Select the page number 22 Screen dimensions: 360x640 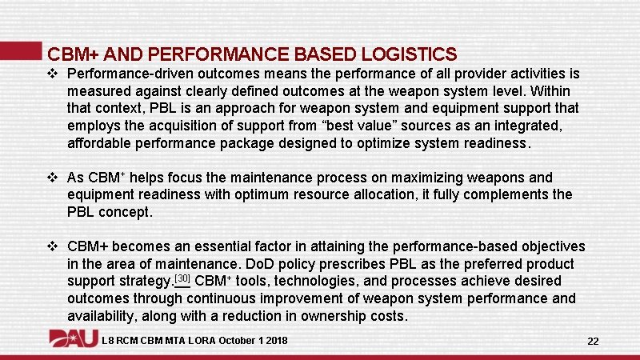(x=593, y=341)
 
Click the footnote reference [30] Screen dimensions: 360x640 (x=182, y=279)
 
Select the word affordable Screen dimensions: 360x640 (x=103, y=144)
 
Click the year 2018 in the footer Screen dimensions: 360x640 (x=275, y=342)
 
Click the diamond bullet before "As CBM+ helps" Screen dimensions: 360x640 (x=54, y=178)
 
